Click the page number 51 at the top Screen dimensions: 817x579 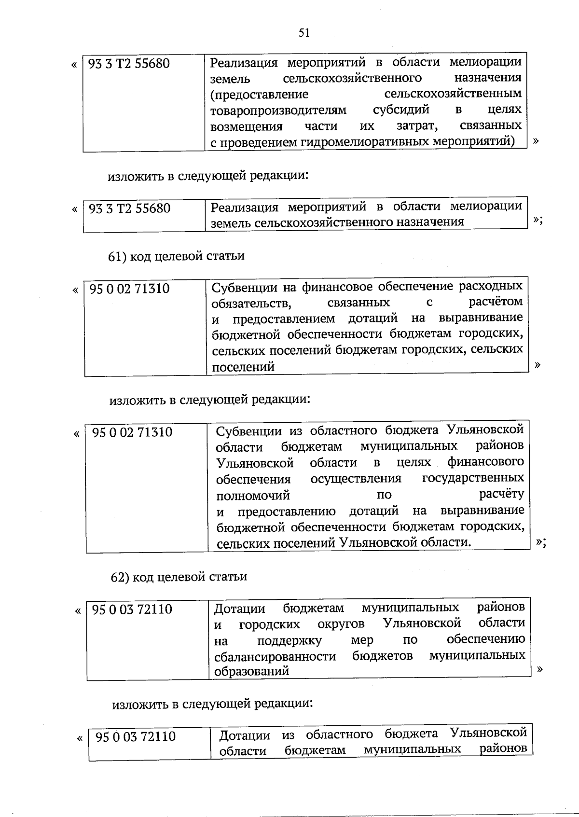coord(303,33)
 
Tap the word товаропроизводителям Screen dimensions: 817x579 coord(278,110)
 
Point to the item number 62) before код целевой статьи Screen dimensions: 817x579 coord(121,577)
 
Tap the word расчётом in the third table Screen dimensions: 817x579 coord(496,302)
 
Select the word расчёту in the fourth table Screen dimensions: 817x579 coord(501,494)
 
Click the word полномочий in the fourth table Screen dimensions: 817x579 coord(253,496)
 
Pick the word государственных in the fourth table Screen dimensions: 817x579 coord(473,478)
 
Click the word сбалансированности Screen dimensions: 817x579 coord(275,656)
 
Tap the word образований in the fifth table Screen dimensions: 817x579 coord(251,671)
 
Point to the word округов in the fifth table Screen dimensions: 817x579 coord(341,624)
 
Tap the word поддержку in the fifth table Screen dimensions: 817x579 coord(289,640)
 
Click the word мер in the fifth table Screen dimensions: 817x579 coord(362,640)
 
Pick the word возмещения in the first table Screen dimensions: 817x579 coord(246,126)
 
